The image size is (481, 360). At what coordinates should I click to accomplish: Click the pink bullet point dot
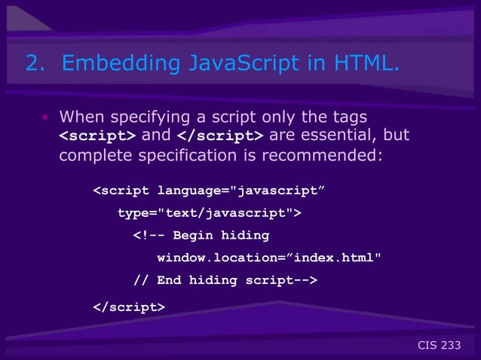(x=45, y=117)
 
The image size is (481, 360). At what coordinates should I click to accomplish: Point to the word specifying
(x=148, y=117)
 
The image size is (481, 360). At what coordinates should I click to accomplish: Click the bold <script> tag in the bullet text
(x=97, y=136)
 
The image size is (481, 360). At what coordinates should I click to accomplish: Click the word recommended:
(x=331, y=155)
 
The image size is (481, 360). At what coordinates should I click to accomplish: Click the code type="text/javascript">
(x=209, y=213)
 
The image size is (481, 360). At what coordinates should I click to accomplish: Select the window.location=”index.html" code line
(x=268, y=258)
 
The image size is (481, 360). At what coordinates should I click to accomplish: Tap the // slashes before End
(x=141, y=280)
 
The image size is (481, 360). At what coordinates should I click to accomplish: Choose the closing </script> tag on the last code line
(x=127, y=307)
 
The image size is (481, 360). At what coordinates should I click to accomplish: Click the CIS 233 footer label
(x=438, y=345)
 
